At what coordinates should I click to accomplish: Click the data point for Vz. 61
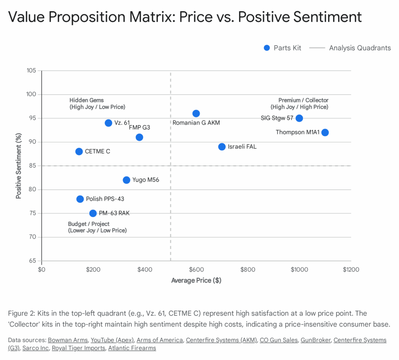108,123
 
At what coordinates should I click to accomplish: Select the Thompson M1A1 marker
325,132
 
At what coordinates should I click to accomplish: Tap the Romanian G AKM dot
196,114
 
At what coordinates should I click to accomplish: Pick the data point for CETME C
79,151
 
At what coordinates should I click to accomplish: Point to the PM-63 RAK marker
93,213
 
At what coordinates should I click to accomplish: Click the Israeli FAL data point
222,147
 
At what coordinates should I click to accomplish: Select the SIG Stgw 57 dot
299,118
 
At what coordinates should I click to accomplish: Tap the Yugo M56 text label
146,180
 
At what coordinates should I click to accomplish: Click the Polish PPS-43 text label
105,199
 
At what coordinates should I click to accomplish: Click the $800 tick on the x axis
248,269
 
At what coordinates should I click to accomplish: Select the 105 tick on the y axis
32,71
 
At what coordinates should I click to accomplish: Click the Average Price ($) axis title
196,280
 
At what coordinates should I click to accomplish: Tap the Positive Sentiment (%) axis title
18,166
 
